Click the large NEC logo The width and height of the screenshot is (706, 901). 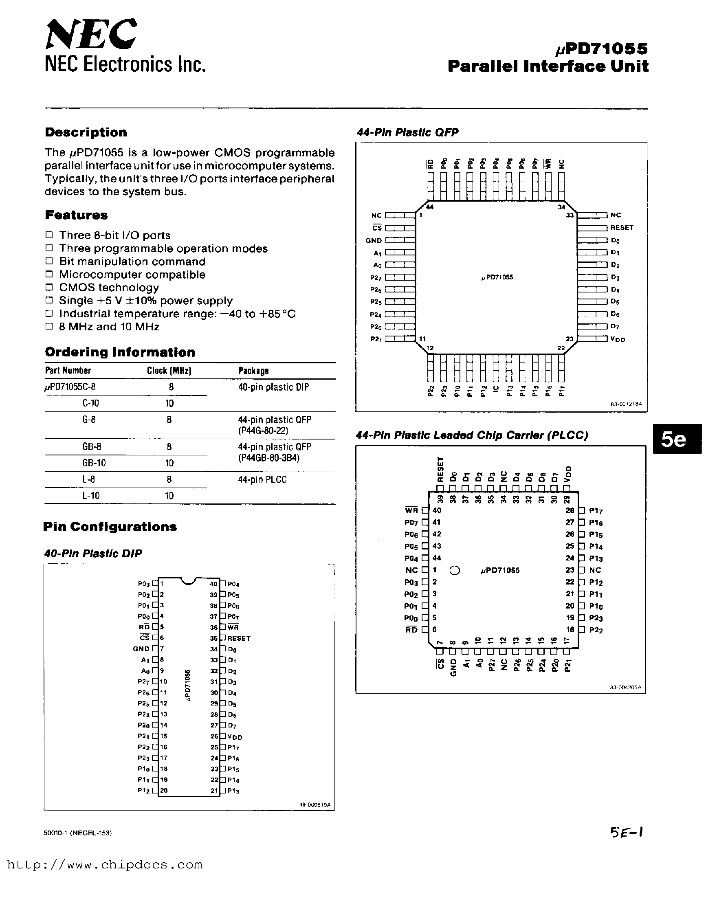click(91, 35)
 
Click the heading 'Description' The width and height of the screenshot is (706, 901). click(86, 132)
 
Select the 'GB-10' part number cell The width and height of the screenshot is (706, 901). click(94, 463)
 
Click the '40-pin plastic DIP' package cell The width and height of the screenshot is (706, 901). click(273, 387)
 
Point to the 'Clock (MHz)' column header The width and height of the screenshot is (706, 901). click(169, 371)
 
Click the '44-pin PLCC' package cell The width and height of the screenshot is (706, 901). click(262, 479)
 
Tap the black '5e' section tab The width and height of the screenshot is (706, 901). click(677, 439)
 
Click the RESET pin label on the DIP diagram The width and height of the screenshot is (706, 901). click(239, 638)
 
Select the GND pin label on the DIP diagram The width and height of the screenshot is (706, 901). click(141, 649)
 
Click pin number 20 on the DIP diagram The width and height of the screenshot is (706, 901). click(164, 791)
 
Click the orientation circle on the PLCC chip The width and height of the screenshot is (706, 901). click(455, 570)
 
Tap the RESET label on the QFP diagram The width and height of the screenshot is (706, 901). click(622, 228)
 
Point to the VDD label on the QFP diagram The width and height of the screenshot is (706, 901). click(618, 339)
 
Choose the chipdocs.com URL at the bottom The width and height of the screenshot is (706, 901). click(105, 865)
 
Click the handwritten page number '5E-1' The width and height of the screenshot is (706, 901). click(627, 832)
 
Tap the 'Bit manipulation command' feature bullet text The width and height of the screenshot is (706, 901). click(132, 262)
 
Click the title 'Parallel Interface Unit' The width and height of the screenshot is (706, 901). click(548, 66)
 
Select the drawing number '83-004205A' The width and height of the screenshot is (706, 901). click(625, 688)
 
